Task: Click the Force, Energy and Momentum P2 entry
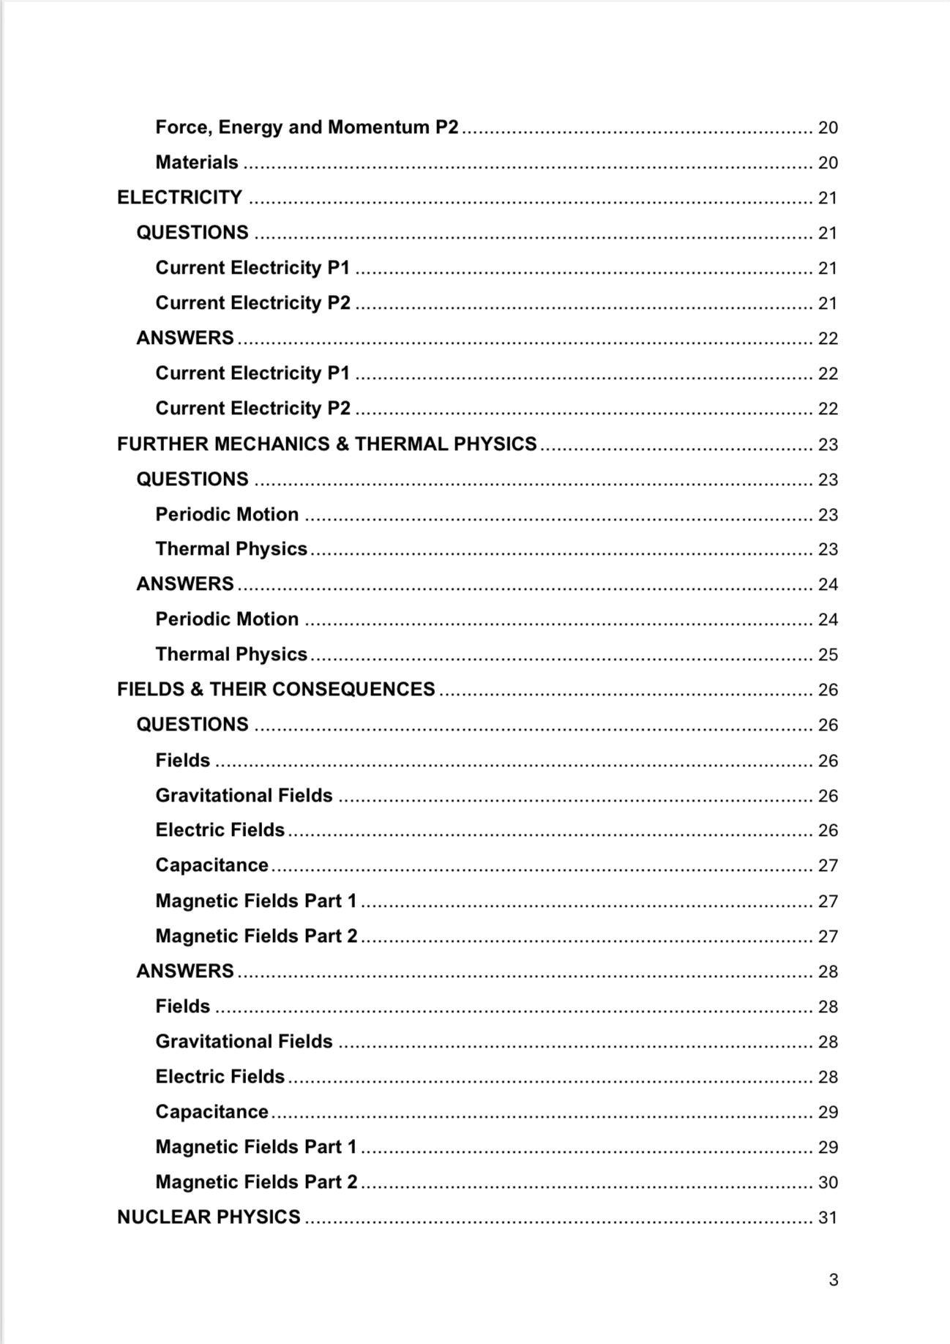[x=307, y=127]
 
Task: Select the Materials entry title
[x=196, y=163]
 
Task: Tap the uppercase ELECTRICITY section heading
[x=179, y=198]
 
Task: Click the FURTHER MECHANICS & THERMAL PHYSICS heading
[x=326, y=444]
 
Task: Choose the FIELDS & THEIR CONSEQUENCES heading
[x=276, y=690]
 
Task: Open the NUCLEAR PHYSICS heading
[x=209, y=1217]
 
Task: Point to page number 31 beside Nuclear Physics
[x=827, y=1217]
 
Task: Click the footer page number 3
[x=833, y=1280]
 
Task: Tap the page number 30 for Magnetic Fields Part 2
[x=827, y=1182]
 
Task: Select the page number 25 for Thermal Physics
[x=827, y=654]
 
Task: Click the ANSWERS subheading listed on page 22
[x=185, y=338]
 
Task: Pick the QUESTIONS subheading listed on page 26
[x=192, y=725]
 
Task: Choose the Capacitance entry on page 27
[x=212, y=865]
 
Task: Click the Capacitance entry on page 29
[x=212, y=1112]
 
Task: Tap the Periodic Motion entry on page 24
[x=227, y=619]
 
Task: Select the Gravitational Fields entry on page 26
[x=244, y=796]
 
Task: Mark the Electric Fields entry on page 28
[x=220, y=1077]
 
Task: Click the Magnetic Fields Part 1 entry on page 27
[x=255, y=901]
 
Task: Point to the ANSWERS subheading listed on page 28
[x=185, y=971]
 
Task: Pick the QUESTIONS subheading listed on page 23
[x=192, y=479]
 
